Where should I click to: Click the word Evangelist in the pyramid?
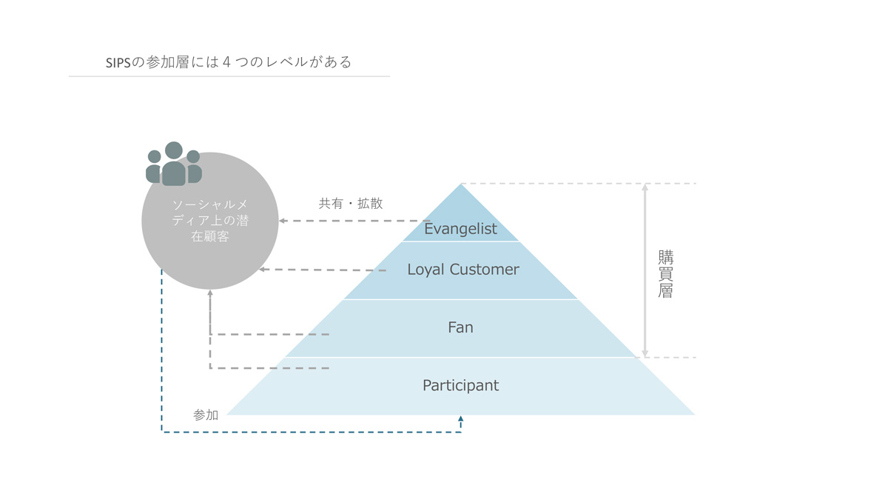pyautogui.click(x=460, y=229)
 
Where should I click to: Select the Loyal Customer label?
pyautogui.click(x=463, y=270)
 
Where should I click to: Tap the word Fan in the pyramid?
pyautogui.click(x=460, y=327)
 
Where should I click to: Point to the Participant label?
pyautogui.click(x=460, y=386)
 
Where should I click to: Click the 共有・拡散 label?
pyautogui.click(x=351, y=204)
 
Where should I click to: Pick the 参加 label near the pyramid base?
pyautogui.click(x=206, y=415)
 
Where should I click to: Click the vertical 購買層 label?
pyautogui.click(x=665, y=274)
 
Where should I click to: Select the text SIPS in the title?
pyautogui.click(x=118, y=63)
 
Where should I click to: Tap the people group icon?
pyautogui.click(x=174, y=164)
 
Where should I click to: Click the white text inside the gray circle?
pyautogui.click(x=210, y=221)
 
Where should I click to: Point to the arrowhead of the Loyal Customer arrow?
pyautogui.click(x=262, y=270)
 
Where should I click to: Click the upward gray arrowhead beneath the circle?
pyautogui.click(x=210, y=293)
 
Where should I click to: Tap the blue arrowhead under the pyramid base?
pyautogui.click(x=460, y=419)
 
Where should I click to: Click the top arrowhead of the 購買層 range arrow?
pyautogui.click(x=645, y=187)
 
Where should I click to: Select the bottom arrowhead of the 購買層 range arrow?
pyautogui.click(x=645, y=353)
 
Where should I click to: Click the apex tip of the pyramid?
pyautogui.click(x=460, y=184)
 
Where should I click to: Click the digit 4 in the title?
pyautogui.click(x=226, y=62)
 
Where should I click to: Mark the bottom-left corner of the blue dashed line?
pyautogui.click(x=162, y=432)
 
